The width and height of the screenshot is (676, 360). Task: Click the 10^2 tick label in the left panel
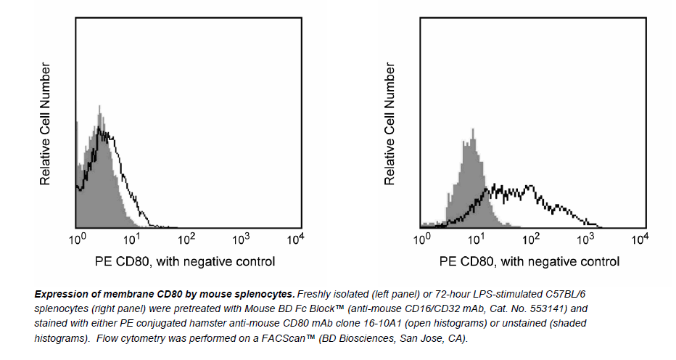tap(186, 238)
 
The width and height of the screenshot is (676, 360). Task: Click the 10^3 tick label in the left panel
tap(241, 238)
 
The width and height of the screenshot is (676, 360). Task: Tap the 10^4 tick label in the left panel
tap(295, 238)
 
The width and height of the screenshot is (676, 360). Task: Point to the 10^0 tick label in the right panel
tap(422, 238)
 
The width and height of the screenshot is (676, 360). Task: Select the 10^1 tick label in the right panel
tap(477, 238)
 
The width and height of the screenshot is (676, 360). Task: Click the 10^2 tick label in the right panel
tap(531, 238)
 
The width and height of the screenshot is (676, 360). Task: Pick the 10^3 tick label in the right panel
tap(585, 238)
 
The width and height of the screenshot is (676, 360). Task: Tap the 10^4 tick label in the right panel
tap(640, 238)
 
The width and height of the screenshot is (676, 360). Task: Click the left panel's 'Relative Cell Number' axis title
tap(45, 123)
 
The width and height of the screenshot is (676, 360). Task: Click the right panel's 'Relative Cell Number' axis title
tap(390, 123)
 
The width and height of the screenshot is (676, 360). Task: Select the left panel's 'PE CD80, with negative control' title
tap(185, 261)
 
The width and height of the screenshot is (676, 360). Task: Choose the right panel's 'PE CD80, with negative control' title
tap(529, 261)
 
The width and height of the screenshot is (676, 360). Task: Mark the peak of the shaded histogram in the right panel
tap(473, 131)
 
